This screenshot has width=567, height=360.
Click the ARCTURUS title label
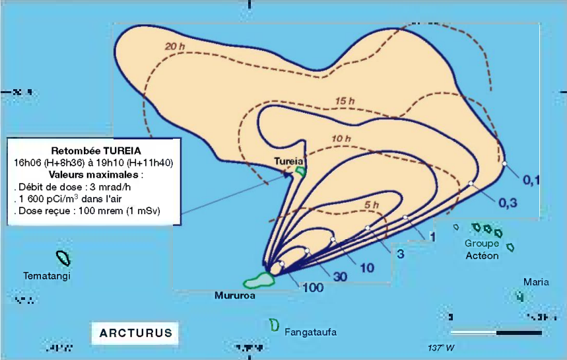coord(135,332)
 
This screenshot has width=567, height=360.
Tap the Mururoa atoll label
coord(234,295)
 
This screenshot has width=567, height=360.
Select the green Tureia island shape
coord(301,172)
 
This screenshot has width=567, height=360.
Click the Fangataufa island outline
coord(273,325)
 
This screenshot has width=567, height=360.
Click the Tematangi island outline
coord(63,258)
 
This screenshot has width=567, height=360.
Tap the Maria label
coord(536,282)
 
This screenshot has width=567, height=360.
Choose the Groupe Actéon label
coord(482,250)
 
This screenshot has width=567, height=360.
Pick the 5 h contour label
coord(372,205)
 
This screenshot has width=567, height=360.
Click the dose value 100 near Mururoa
coord(312,287)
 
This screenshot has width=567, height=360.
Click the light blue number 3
coord(399,253)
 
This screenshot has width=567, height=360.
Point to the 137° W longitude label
coord(442,347)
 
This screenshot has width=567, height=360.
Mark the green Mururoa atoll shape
coord(257,281)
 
